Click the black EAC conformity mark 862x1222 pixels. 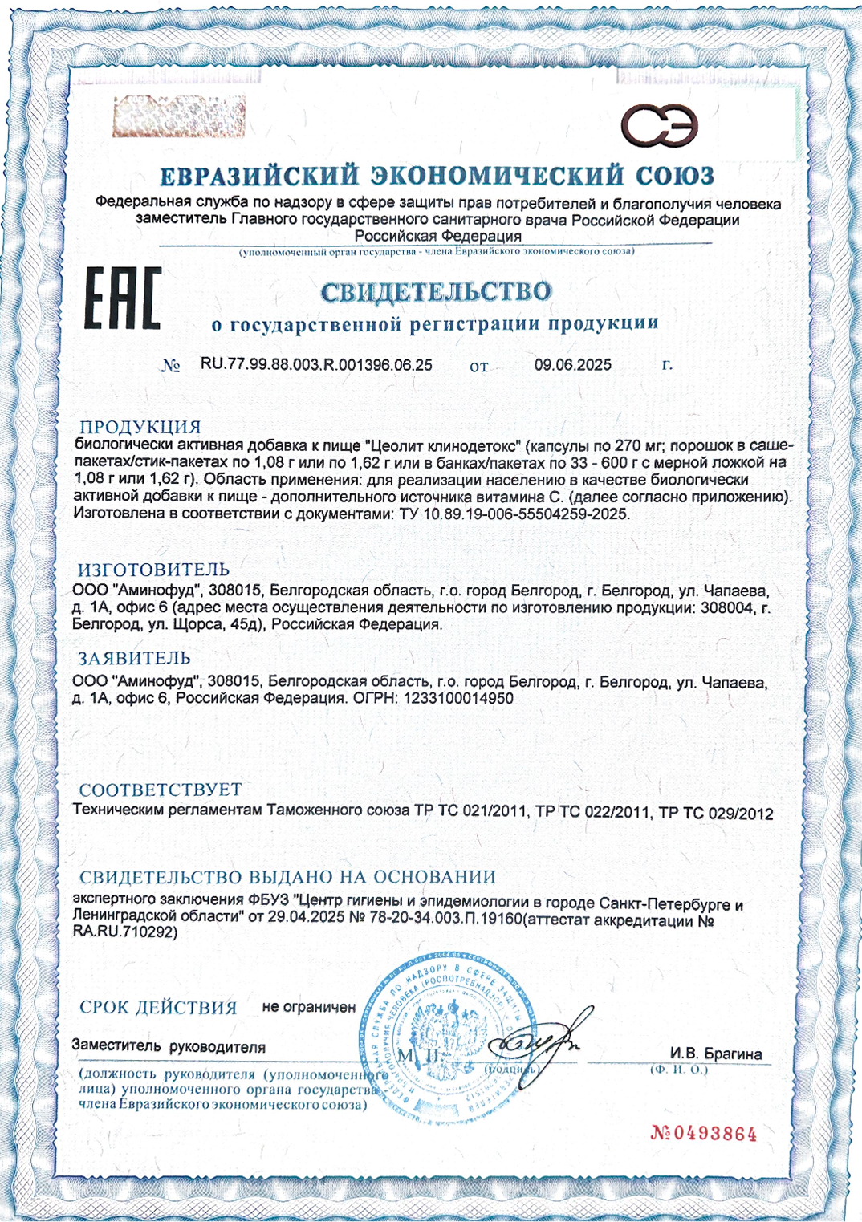pyautogui.click(x=123, y=298)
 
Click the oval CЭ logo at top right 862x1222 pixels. pyautogui.click(x=659, y=126)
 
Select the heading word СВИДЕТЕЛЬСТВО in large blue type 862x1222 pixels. pyautogui.click(x=436, y=292)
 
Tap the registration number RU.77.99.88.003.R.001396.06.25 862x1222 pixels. pyautogui.click(x=316, y=365)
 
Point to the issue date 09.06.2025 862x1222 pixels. pyautogui.click(x=573, y=365)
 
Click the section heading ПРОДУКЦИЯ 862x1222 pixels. pyautogui.click(x=140, y=427)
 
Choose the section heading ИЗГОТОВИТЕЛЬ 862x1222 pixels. pyautogui.click(x=153, y=570)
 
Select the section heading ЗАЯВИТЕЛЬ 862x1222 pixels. pyautogui.click(x=134, y=659)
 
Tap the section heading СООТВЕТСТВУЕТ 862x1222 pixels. pyautogui.click(x=161, y=790)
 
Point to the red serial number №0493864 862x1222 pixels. pyautogui.click(x=704, y=1134)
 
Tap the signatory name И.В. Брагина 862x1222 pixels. pyautogui.click(x=716, y=1054)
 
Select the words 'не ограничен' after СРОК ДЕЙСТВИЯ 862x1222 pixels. pyautogui.click(x=309, y=1007)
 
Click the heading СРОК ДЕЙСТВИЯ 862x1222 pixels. pyautogui.click(x=158, y=1008)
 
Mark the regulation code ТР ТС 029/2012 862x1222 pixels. pyautogui.click(x=716, y=814)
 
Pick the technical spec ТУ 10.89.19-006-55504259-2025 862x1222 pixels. pyautogui.click(x=514, y=514)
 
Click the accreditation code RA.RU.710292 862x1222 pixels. pyautogui.click(x=124, y=932)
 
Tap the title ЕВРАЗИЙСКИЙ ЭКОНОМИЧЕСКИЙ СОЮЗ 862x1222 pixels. pyautogui.click(x=437, y=176)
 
